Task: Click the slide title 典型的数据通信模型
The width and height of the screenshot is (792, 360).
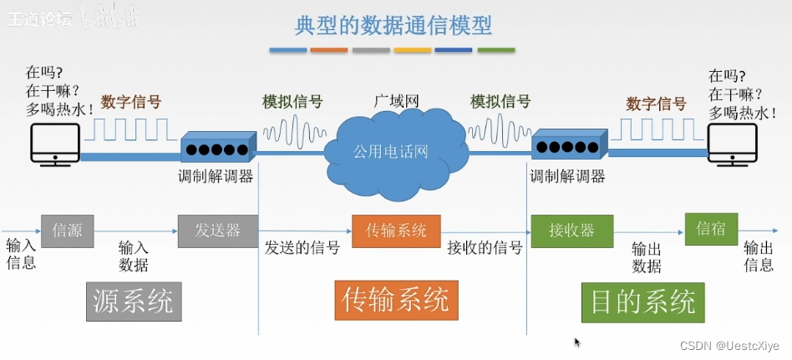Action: pos(393,25)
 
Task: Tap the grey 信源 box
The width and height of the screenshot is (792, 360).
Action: pos(68,231)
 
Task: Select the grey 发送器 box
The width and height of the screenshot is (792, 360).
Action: pos(217,231)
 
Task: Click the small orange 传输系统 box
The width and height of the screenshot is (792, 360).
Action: pos(396,231)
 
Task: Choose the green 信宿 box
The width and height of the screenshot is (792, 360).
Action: pos(711,229)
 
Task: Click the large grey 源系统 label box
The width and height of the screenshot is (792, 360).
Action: pos(134,302)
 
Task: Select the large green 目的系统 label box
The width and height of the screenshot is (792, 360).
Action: pos(642,302)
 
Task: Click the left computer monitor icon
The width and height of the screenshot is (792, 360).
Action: pos(54,143)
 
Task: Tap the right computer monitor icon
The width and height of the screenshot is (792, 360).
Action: pos(734,143)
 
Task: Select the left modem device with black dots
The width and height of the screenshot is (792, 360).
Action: pos(217,148)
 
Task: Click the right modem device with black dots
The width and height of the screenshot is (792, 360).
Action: pos(570,145)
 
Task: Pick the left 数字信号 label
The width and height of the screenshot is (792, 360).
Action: pos(131,102)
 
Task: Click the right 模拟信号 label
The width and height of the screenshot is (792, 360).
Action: pos(500,102)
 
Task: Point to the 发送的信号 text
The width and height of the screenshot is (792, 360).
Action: pos(302,248)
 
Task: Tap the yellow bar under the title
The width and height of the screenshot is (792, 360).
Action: pos(412,51)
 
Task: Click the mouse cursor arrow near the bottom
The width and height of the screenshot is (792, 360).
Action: pos(577,342)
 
